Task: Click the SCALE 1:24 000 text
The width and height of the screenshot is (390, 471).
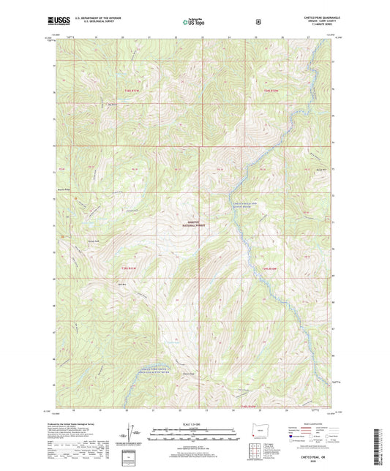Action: click(194, 426)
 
